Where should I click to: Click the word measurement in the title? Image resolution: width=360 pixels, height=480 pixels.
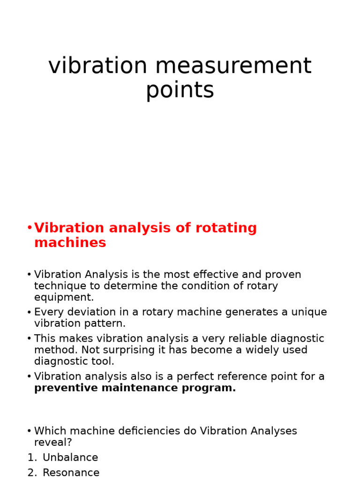click(233, 66)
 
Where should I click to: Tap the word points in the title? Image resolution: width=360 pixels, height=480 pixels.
click(180, 90)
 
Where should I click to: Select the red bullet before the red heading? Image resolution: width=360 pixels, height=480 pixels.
click(30, 228)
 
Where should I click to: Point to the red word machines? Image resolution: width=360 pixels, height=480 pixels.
click(70, 243)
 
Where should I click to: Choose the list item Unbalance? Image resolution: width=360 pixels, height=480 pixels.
click(70, 457)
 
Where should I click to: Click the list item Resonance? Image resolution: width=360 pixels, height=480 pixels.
click(71, 472)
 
